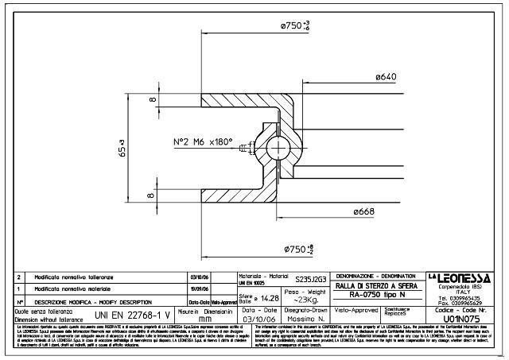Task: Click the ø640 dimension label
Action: click(386, 76)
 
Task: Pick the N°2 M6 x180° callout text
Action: click(203, 144)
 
